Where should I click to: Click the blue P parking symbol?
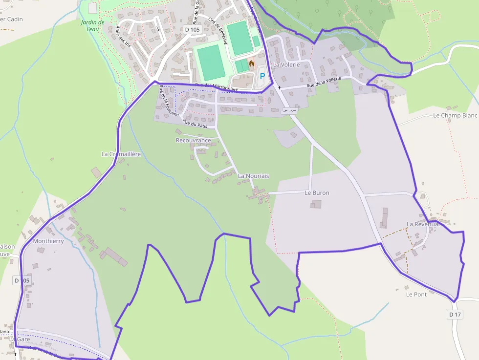262,76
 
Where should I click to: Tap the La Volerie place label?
286,64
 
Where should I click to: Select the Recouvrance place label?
193,140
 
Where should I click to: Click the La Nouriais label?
253,176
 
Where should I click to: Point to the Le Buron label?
317,193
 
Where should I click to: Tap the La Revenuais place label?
424,224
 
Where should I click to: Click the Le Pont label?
416,295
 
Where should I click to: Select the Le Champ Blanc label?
455,116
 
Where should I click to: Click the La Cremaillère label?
121,154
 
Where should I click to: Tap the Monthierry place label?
48,241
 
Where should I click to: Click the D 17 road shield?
455,315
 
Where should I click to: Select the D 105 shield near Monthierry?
22,280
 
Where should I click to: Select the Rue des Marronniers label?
216,87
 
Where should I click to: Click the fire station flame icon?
252,64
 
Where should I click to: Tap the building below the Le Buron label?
316,203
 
